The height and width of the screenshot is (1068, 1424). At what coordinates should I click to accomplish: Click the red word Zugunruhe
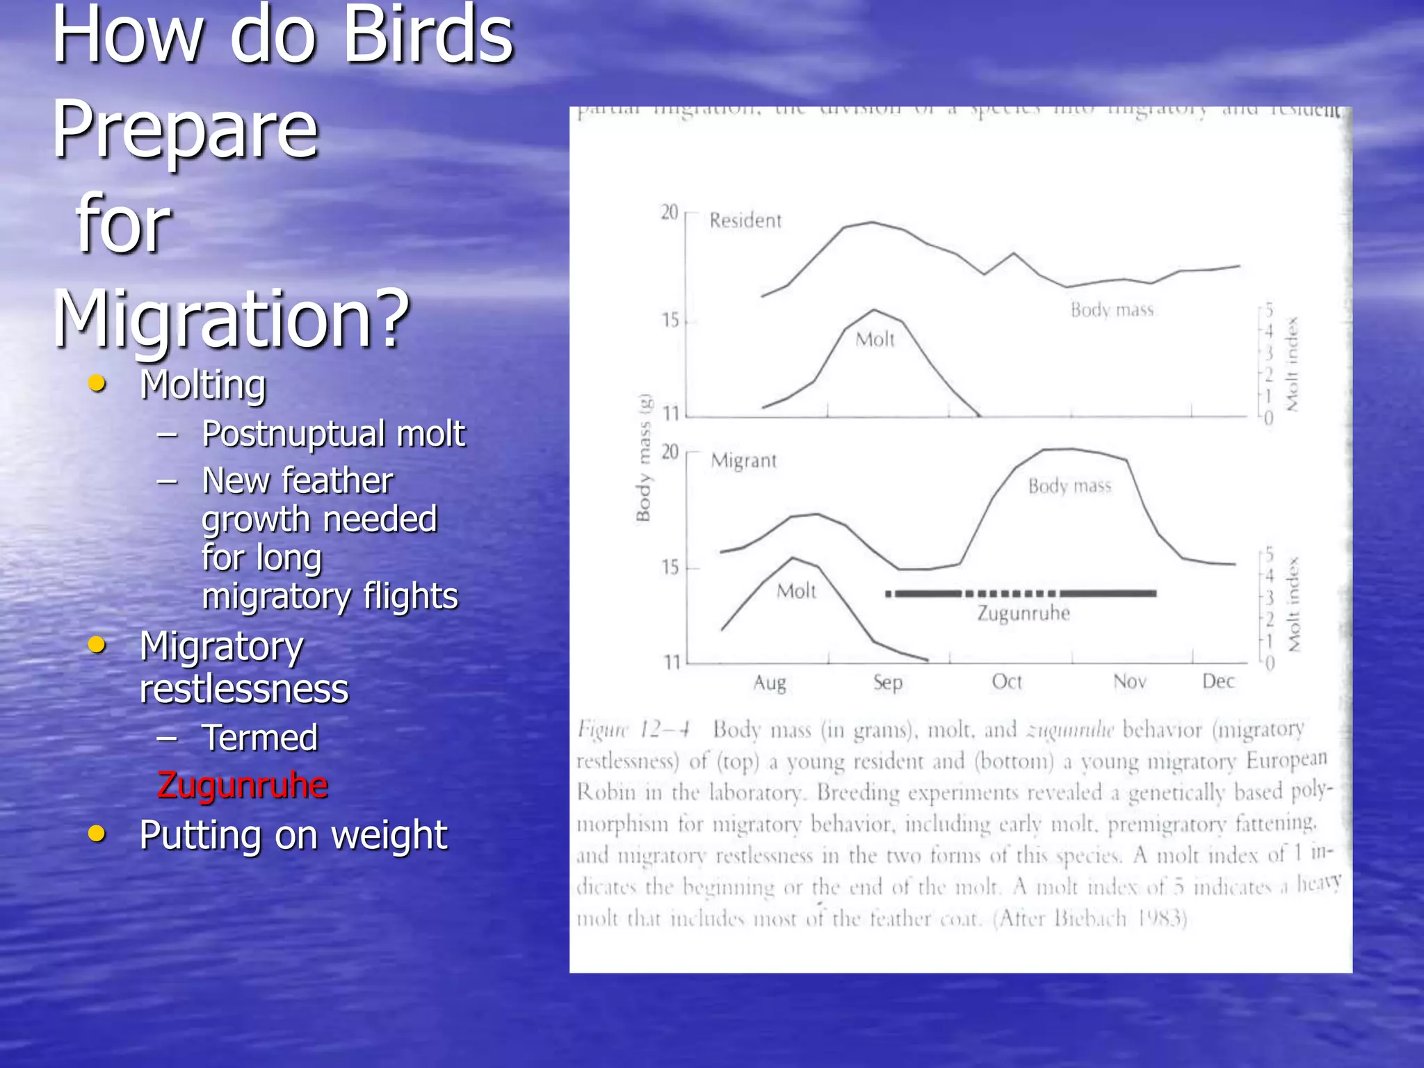(x=242, y=785)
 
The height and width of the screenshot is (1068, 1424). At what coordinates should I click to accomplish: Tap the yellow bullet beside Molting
(x=97, y=384)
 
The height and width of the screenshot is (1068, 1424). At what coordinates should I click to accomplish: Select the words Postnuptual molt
(x=333, y=434)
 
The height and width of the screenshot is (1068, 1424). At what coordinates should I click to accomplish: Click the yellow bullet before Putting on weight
(x=97, y=833)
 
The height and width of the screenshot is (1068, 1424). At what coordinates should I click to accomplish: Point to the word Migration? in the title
(x=232, y=318)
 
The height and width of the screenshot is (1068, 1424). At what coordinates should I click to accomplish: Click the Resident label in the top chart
(x=745, y=220)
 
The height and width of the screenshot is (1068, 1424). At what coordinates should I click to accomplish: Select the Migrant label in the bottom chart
(x=743, y=460)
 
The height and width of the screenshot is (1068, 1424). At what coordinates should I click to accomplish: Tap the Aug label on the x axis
(x=770, y=683)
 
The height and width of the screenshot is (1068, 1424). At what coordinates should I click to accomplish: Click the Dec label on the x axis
(x=1218, y=681)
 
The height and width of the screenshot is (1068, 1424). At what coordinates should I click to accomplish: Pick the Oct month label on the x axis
(x=1007, y=682)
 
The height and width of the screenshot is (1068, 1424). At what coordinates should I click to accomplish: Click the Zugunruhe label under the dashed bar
(x=1023, y=613)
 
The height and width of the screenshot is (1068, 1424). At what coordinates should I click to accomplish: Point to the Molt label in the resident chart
(x=875, y=339)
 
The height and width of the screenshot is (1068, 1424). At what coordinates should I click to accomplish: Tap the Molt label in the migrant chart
(x=796, y=591)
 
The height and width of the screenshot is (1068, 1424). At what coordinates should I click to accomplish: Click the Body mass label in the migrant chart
(x=1069, y=485)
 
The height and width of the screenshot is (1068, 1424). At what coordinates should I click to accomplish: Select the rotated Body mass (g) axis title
(x=644, y=458)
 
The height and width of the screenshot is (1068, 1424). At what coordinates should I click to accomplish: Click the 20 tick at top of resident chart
(x=669, y=212)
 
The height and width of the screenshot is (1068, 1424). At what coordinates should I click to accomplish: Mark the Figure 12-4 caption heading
(x=633, y=730)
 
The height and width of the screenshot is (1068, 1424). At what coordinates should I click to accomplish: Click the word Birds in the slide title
(x=428, y=35)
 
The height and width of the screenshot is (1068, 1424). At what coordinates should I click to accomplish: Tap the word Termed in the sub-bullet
(x=259, y=738)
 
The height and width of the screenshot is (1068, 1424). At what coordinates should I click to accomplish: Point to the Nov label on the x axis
(x=1129, y=681)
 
